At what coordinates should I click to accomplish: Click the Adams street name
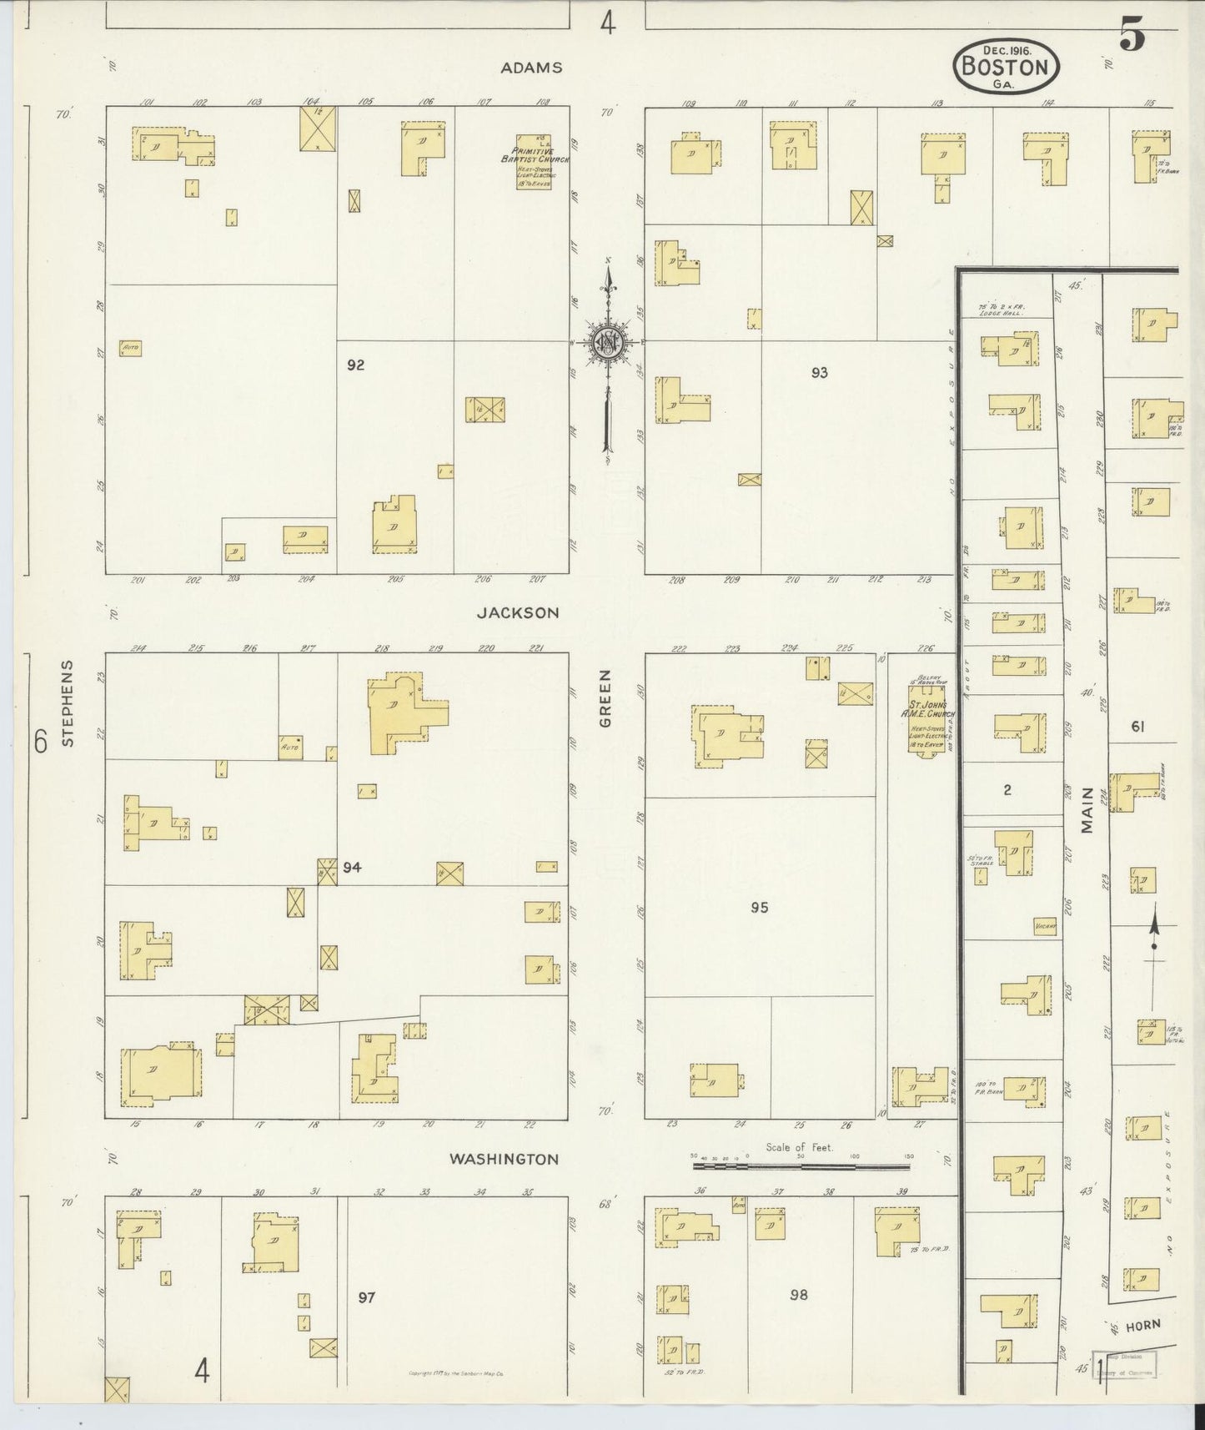[531, 68]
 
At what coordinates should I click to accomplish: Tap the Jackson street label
[517, 612]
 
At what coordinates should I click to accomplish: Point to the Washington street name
[504, 1159]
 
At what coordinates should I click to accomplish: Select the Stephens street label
[68, 703]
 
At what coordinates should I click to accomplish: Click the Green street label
[605, 697]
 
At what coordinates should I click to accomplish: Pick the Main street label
[1087, 812]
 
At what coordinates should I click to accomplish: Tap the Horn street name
[1142, 1325]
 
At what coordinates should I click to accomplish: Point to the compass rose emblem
[608, 342]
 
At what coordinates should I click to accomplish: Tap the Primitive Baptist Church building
[533, 162]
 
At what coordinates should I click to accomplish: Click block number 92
[356, 365]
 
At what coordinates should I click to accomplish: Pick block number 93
[819, 373]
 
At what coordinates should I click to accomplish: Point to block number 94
[352, 868]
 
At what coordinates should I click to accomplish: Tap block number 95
[758, 908]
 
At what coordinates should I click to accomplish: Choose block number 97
[367, 1297]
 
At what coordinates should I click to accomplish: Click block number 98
[798, 1295]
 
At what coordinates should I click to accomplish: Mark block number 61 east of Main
[1137, 727]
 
